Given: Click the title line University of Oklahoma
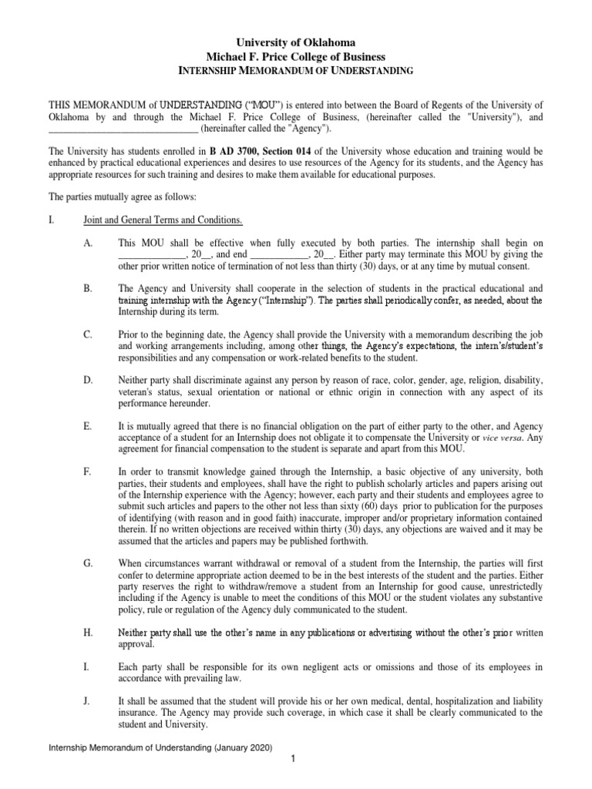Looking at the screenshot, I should pyautogui.click(x=297, y=42).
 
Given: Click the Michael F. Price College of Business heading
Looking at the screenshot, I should pyautogui.click(x=297, y=56).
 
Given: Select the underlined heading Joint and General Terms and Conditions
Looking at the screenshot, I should pyautogui.click(x=163, y=220).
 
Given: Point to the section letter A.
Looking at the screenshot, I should pyautogui.click(x=87, y=242).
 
